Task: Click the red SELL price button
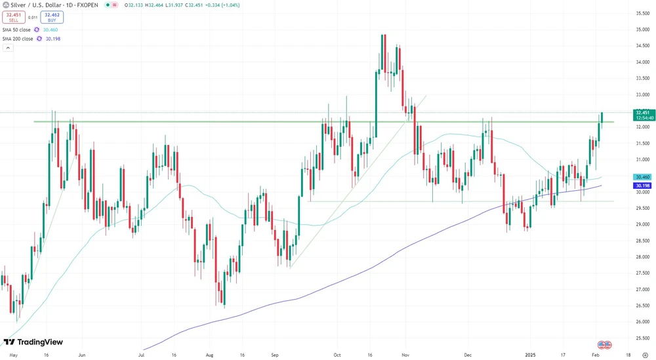[x=13, y=17]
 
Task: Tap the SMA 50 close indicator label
[x=18, y=30]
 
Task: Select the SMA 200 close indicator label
[x=18, y=39]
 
